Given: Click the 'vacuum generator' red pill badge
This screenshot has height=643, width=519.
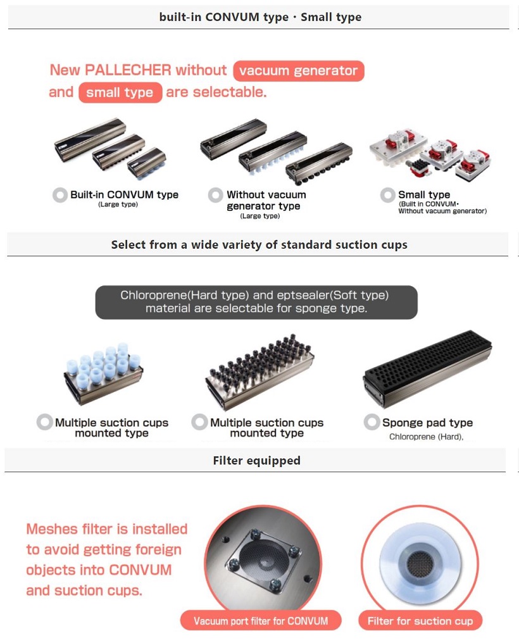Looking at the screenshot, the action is pyautogui.click(x=299, y=70).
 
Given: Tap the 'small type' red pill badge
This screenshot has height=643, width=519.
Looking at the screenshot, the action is pyautogui.click(x=120, y=92).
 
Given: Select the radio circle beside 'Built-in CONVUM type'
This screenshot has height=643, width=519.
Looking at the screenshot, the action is pyautogui.click(x=60, y=195).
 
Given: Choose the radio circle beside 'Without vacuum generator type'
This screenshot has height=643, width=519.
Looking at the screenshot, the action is pyautogui.click(x=215, y=195).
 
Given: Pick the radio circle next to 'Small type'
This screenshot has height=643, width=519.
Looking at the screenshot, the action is pyautogui.click(x=387, y=195).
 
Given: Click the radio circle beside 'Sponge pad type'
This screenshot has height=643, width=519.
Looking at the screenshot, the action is pyautogui.click(x=372, y=422).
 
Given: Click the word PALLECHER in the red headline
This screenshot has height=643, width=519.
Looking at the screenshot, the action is pyautogui.click(x=127, y=70).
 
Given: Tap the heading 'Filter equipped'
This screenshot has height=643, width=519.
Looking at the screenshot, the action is pyautogui.click(x=256, y=461).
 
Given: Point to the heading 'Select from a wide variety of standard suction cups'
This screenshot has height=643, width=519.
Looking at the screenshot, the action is pyautogui.click(x=259, y=245).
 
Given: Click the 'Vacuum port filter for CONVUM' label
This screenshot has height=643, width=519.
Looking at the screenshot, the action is pyautogui.click(x=261, y=621).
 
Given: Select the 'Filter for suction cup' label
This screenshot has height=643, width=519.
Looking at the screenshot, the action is pyautogui.click(x=420, y=621).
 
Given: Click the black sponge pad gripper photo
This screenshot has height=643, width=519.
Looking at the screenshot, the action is pyautogui.click(x=427, y=369).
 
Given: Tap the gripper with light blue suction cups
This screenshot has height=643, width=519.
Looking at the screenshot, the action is pyautogui.click(x=103, y=373).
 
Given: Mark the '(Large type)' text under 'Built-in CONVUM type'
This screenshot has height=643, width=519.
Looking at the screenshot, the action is pyautogui.click(x=118, y=204).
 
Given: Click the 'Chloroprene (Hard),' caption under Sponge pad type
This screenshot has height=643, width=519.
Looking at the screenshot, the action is pyautogui.click(x=427, y=437).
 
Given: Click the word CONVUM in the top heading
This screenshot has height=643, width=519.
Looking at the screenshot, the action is pyautogui.click(x=232, y=17).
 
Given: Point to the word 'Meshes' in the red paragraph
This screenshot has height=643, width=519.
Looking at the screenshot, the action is pyautogui.click(x=52, y=529).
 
